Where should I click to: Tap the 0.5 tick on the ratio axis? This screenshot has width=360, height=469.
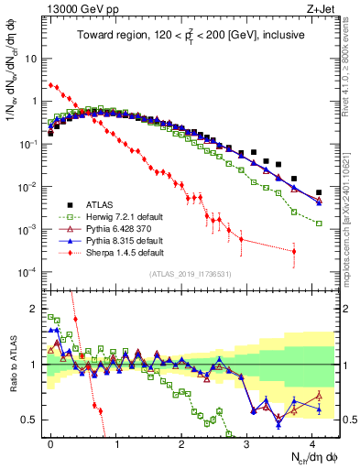pyautogui.click(x=33, y=420)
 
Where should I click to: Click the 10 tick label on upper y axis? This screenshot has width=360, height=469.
pyautogui.click(x=32, y=58)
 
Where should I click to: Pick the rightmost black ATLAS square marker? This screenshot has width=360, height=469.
pyautogui.click(x=319, y=192)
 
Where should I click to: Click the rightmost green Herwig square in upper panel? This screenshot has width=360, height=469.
pyautogui.click(x=319, y=223)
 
